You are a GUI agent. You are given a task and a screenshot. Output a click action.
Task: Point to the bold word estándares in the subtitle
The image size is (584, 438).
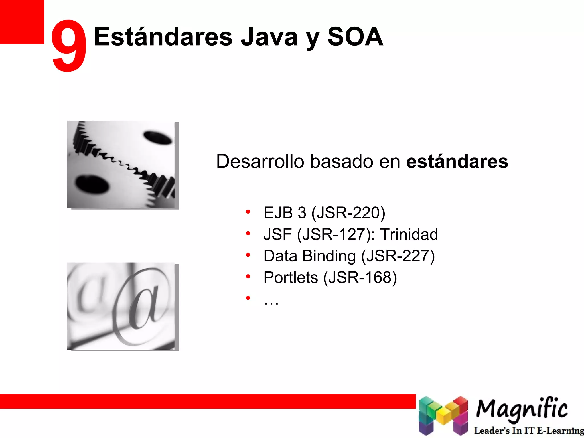457,161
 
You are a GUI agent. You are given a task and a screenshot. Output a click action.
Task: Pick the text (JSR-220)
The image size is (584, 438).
348,213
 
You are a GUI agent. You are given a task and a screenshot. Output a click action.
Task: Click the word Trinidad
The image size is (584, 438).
409,234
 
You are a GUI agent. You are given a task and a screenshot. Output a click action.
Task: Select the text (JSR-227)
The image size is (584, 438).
398,256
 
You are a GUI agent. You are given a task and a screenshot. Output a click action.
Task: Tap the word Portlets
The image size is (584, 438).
291,277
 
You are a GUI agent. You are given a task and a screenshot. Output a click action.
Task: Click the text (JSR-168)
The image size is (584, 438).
360,277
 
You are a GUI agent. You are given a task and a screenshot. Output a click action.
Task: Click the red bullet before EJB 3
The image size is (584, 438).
248,212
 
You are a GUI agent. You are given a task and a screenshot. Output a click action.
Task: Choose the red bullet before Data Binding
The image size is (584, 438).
248,255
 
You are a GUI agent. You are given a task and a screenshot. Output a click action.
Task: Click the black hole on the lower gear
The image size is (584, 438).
92,184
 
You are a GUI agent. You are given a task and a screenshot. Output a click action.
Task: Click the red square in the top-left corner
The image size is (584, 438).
22,22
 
